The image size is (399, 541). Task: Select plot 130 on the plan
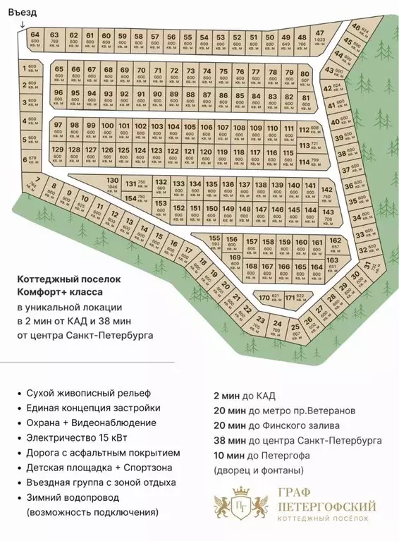coord(113,184)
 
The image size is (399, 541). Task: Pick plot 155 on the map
coord(216,240)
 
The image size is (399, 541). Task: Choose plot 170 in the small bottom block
coord(264,298)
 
